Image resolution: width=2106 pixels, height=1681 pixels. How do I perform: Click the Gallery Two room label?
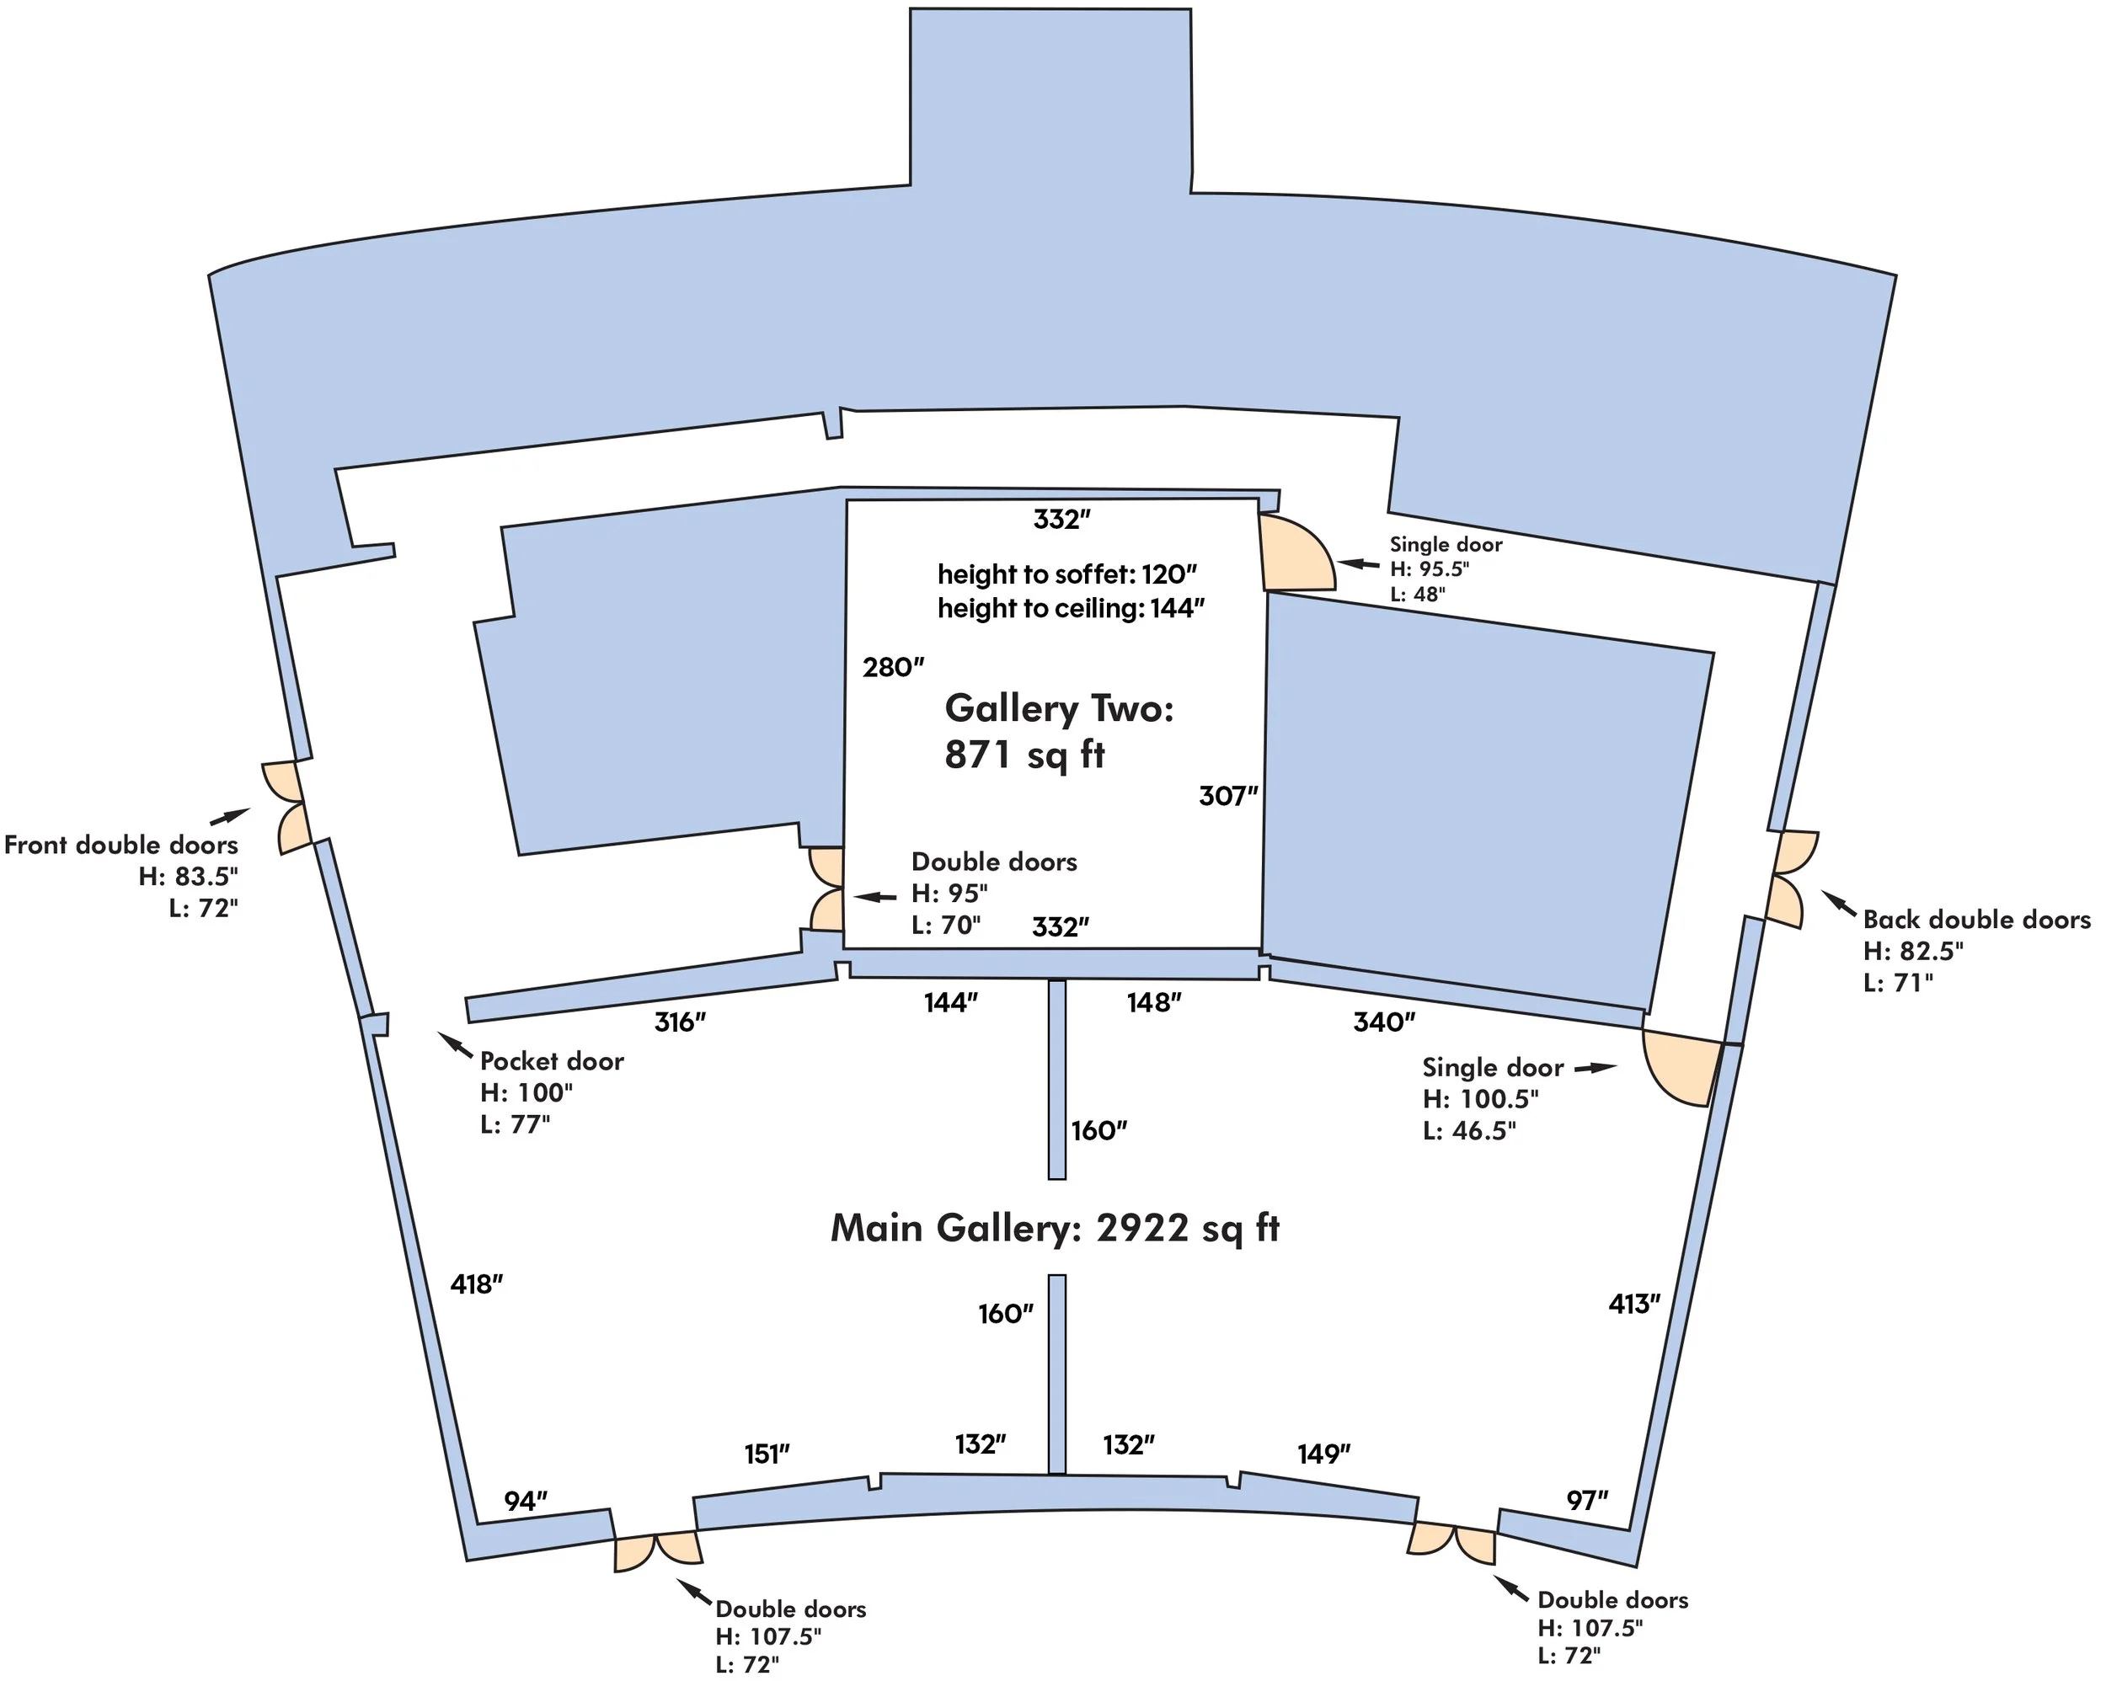[x=1059, y=708]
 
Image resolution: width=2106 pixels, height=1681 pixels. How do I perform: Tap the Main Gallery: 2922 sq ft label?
[x=1054, y=1228]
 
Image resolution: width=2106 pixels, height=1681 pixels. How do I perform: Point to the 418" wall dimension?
[x=476, y=1284]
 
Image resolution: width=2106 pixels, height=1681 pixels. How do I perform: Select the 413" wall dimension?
[x=1634, y=1304]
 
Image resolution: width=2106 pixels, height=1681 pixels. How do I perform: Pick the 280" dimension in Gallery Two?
[x=893, y=667]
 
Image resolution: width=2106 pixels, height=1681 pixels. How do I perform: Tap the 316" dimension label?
[x=680, y=1022]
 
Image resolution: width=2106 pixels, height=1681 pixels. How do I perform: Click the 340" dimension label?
[x=1384, y=1022]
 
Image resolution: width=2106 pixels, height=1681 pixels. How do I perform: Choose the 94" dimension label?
[x=526, y=1502]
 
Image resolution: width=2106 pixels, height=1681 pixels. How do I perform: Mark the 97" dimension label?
[x=1587, y=1500]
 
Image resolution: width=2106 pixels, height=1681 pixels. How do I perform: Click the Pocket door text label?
[x=552, y=1061]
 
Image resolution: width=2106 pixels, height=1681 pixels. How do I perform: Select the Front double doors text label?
[x=121, y=845]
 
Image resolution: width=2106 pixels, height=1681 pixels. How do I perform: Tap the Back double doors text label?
[x=1976, y=919]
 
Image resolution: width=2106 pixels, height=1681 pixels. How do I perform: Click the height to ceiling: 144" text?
[x=1071, y=609]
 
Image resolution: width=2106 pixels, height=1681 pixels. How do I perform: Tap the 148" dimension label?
[x=1153, y=1003]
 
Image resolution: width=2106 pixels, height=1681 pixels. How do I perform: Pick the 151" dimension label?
[x=767, y=1454]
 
